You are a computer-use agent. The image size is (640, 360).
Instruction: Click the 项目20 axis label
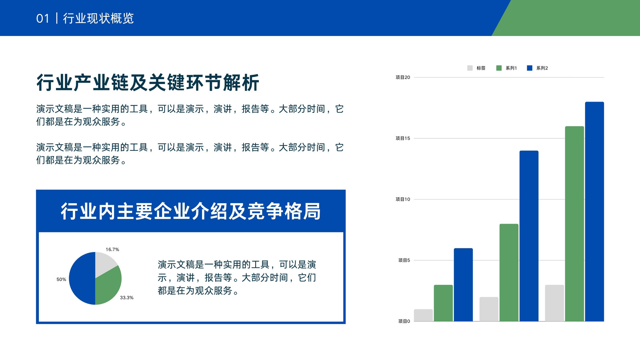402,77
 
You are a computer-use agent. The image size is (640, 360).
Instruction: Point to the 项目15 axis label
402,138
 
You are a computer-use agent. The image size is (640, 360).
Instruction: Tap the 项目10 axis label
402,199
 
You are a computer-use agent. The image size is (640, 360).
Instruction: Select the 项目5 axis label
404,260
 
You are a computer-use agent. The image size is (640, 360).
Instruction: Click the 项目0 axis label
404,321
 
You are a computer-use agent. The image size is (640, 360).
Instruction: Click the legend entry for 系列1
506,68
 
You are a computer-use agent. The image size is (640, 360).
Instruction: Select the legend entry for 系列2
538,68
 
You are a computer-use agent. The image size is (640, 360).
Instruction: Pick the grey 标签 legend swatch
470,68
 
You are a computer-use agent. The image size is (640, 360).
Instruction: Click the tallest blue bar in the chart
594,212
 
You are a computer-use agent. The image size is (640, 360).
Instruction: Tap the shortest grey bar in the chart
423,315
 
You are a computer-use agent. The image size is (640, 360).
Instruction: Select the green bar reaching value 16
574,224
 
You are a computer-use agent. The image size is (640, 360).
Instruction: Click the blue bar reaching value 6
463,285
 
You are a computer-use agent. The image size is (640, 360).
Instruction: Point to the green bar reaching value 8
509,272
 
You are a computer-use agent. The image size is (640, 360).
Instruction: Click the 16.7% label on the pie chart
112,250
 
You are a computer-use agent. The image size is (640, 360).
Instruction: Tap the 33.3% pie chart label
126,298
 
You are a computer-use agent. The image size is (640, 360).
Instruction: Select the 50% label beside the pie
61,279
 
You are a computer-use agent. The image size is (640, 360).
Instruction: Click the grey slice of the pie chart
104,263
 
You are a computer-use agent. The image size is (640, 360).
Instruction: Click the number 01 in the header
42,18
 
